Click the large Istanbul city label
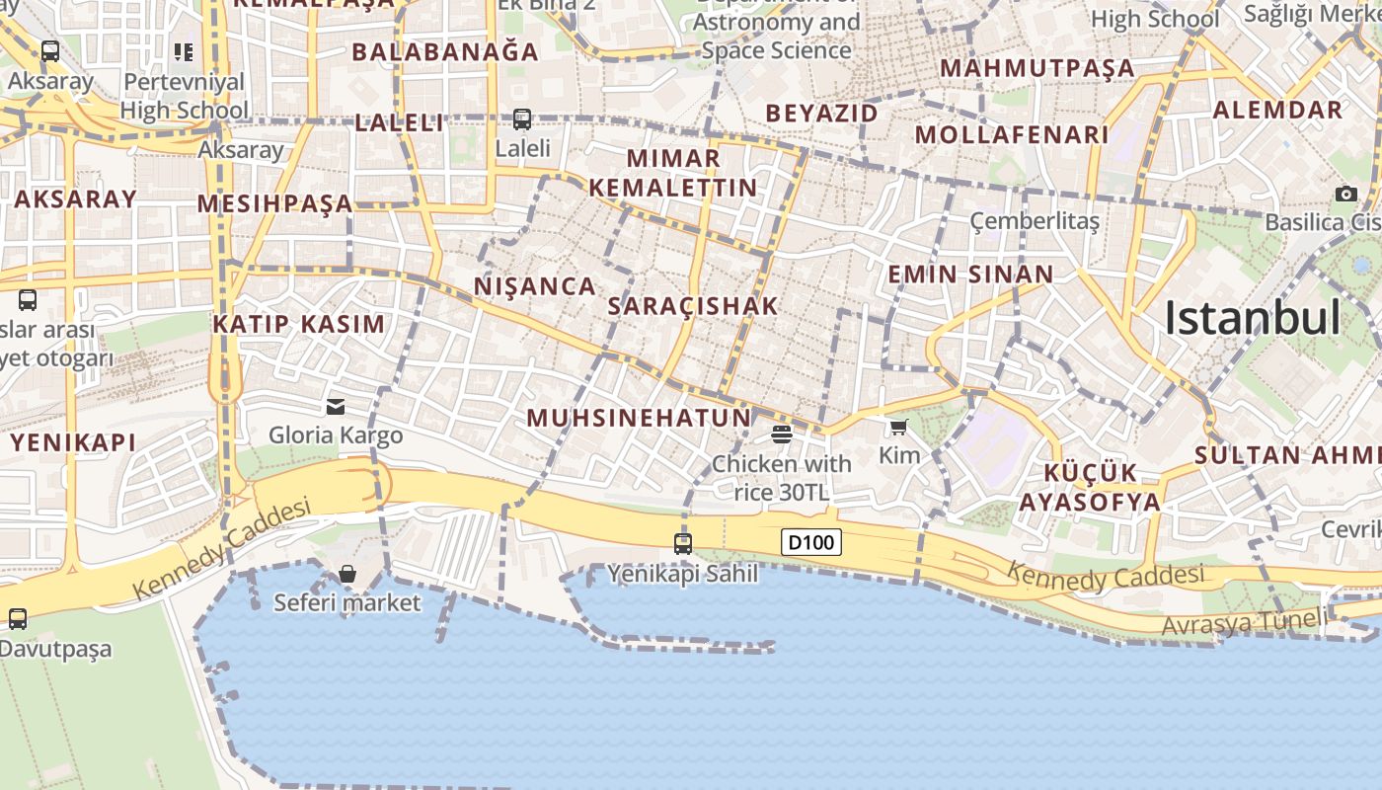[x=1252, y=318]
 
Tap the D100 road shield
[x=811, y=542]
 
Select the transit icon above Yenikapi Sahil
[x=682, y=543]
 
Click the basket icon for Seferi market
[x=347, y=574]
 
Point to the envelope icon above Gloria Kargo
[x=336, y=406]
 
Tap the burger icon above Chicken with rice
[x=782, y=434]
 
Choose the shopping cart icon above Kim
[x=898, y=427]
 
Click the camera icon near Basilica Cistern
[x=1345, y=194]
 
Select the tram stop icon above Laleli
[x=522, y=119]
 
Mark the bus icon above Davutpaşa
[x=18, y=619]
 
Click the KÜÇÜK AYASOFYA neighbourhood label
[x=1090, y=487]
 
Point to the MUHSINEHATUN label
[x=639, y=418]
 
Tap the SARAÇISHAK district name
[x=693, y=306]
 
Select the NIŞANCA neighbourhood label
[x=535, y=286]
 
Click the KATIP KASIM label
[x=299, y=324]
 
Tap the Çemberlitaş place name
[x=1035, y=221]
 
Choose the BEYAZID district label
[x=821, y=114]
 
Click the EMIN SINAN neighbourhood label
[x=970, y=275]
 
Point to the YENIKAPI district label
[x=73, y=443]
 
